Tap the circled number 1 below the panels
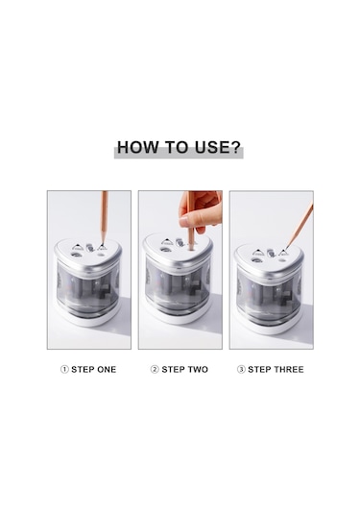(64, 370)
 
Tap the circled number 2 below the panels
(155, 370)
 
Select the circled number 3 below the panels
(241, 370)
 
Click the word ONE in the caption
(105, 370)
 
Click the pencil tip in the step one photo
(102, 244)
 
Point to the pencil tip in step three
(286, 249)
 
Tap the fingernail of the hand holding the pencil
(183, 222)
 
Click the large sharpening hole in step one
(76, 255)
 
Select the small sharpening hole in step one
(101, 254)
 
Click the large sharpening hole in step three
(256, 260)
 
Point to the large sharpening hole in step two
(165, 250)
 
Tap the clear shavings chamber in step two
(178, 286)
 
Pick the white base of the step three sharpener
(269, 328)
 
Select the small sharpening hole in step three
(281, 260)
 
